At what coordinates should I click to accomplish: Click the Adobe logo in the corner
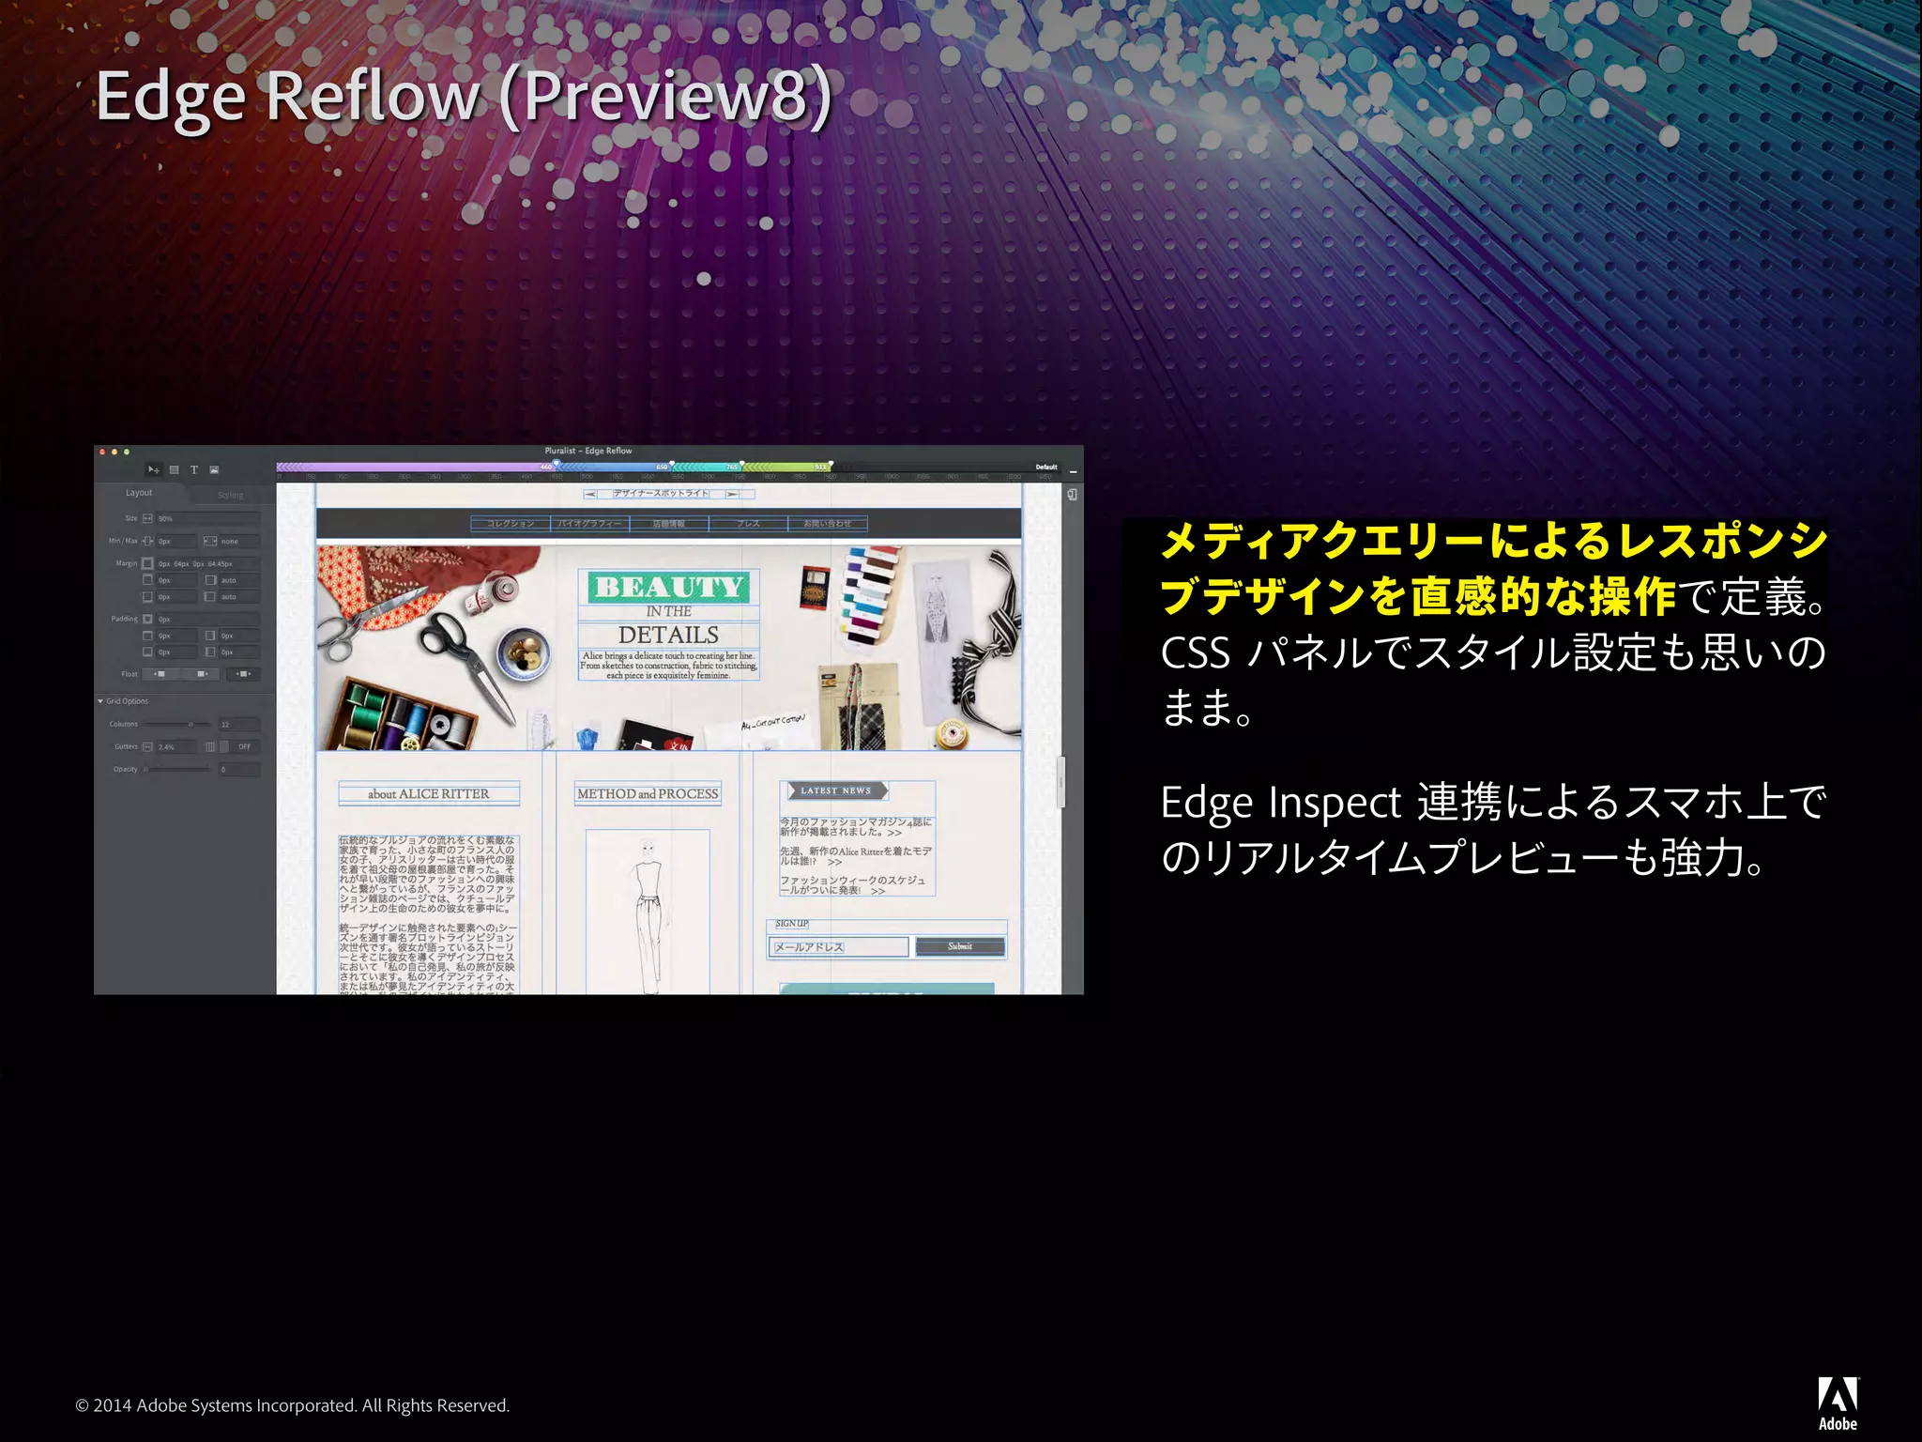1838,1402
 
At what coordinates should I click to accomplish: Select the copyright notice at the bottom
292,1405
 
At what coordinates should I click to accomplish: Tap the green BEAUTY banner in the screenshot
669,587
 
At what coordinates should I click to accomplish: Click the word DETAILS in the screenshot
668,635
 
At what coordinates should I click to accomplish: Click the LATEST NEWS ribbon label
835,790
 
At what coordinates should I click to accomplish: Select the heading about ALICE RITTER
428,793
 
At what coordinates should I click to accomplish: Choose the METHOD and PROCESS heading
648,793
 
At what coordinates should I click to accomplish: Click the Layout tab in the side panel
139,493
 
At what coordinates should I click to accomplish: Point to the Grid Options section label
127,701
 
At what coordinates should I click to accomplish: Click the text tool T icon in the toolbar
194,469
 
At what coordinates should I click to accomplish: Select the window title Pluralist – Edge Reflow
588,452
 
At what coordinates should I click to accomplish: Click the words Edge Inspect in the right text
1280,803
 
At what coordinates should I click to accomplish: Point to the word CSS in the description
1195,652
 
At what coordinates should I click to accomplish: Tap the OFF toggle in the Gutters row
244,747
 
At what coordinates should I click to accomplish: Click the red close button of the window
102,453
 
